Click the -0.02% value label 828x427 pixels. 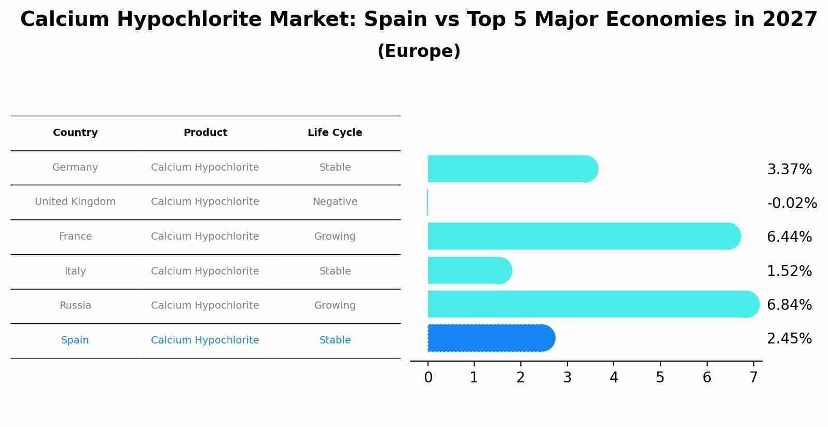point(792,203)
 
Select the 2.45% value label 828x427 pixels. point(789,339)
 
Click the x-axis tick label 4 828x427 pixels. point(614,378)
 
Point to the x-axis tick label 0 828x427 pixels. point(428,378)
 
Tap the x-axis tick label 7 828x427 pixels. point(753,378)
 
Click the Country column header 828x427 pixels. point(75,133)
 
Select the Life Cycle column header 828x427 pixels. point(335,133)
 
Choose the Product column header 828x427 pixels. point(205,133)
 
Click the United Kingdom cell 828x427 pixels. point(75,202)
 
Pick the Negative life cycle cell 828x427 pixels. point(335,202)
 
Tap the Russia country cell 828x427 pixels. point(75,306)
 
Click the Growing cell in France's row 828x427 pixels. point(335,237)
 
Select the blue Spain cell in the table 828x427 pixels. point(75,340)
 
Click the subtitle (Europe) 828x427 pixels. point(419,51)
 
